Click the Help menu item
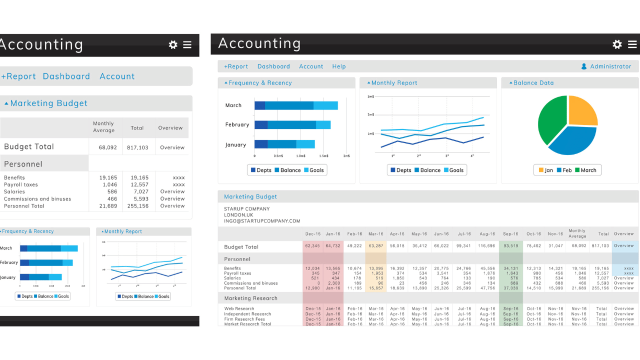tap(338, 66)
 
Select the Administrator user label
tap(610, 66)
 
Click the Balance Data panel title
tap(533, 83)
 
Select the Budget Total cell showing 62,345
tap(312, 246)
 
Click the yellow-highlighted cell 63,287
tap(375, 246)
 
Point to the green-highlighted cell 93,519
tap(510, 246)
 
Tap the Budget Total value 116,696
tap(486, 246)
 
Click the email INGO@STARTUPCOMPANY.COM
tap(262, 221)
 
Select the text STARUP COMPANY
tap(246, 209)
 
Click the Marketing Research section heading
tap(250, 298)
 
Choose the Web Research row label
tap(239, 309)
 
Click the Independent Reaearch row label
tap(247, 314)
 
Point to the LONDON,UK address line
tap(238, 215)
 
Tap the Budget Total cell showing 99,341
tap(463, 246)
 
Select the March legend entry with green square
tap(585, 170)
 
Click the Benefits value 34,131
tap(510, 268)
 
